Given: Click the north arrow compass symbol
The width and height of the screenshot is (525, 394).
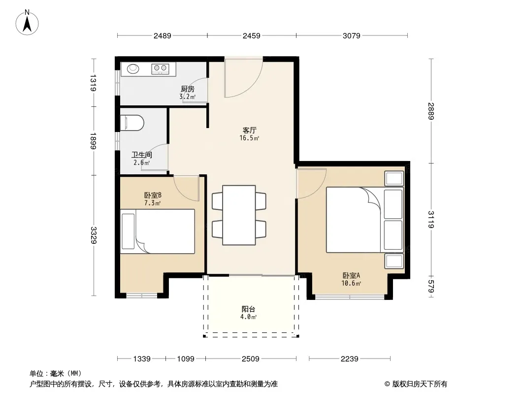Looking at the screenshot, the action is point(27,23).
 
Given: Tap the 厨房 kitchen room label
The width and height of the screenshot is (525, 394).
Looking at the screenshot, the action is point(188,89).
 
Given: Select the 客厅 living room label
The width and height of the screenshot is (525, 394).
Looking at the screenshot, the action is point(249,130).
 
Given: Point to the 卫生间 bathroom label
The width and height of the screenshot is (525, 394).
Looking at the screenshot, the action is point(142,155).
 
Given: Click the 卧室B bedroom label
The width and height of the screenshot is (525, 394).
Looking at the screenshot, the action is point(153,195).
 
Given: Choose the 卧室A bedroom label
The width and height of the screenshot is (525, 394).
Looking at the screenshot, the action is point(351,275).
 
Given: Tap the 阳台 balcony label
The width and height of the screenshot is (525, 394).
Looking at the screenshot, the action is point(248,309).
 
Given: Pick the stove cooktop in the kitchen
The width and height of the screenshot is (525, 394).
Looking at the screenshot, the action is point(160,68).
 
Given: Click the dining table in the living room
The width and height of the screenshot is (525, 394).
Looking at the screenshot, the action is point(239,215).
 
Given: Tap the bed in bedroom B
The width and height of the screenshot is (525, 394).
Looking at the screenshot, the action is point(158,231).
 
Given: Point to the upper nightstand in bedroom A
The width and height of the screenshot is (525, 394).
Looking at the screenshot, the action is point(394,178).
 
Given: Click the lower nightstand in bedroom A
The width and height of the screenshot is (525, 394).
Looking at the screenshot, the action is point(394,261).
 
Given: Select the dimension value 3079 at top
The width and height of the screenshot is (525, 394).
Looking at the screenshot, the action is point(351,35).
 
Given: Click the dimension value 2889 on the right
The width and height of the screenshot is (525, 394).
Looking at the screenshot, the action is point(431,111).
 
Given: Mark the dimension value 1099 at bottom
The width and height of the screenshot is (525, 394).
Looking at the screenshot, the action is point(186,359).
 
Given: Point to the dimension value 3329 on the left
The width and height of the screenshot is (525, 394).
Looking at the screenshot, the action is point(94,235).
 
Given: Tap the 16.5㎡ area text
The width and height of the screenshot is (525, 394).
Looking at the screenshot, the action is point(249,138).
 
